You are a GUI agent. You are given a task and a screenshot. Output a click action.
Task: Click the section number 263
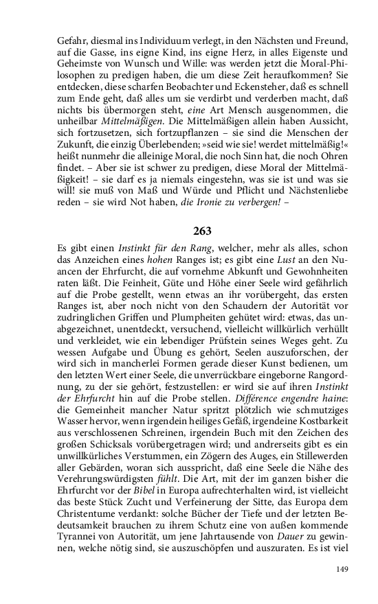click(x=189, y=231)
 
